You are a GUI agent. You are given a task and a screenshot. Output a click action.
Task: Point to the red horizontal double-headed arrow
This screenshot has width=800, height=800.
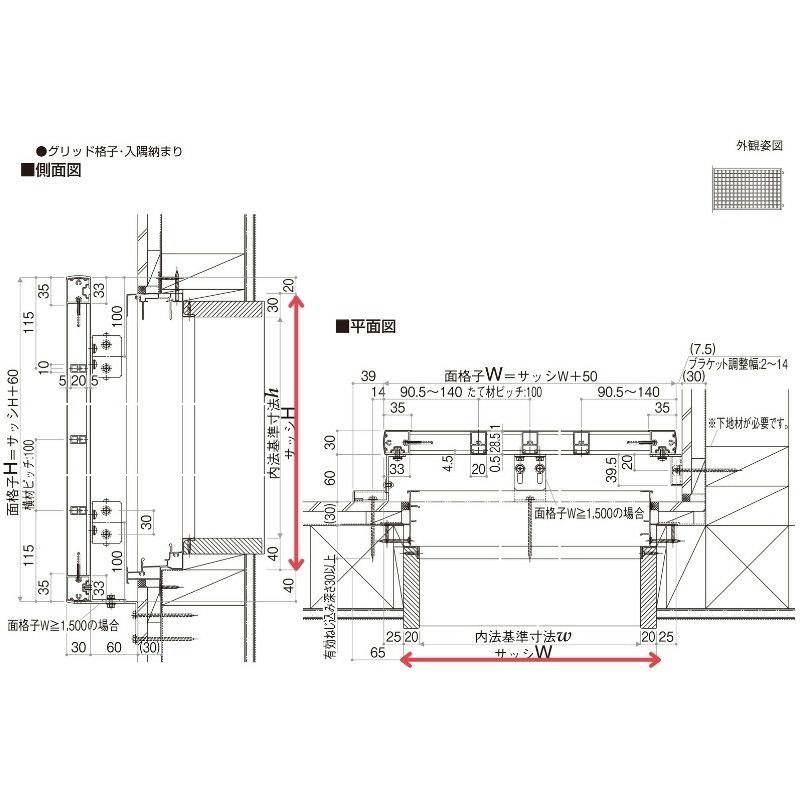(530, 659)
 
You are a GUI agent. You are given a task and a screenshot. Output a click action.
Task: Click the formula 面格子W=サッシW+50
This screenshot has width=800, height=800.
(521, 376)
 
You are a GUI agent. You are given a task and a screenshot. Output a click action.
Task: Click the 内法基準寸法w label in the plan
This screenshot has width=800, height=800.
(522, 636)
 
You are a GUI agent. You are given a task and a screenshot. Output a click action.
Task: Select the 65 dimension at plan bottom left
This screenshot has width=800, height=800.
(377, 652)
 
